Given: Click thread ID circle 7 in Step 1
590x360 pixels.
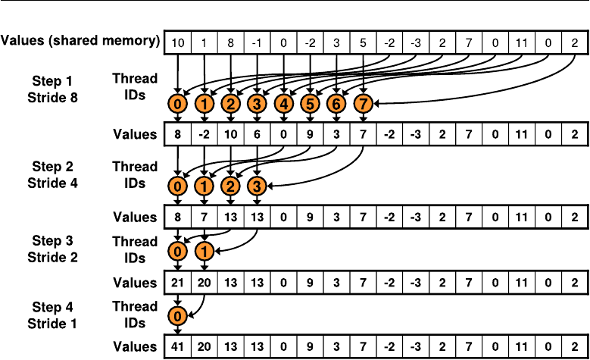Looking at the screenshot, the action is pos(363,104).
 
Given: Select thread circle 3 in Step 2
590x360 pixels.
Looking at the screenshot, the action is pos(257,186).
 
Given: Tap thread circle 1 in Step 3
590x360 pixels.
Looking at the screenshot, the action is pos(204,251).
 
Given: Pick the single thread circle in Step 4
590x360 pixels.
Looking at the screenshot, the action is pos(177,316).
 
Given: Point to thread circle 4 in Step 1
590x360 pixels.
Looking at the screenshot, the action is pos(284,104).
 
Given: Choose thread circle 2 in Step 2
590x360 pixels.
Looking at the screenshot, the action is pos(231,186).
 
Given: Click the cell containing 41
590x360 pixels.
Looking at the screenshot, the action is pos(177,346).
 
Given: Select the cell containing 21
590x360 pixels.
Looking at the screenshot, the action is pos(177,283).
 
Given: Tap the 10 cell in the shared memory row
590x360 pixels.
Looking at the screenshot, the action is pos(177,43).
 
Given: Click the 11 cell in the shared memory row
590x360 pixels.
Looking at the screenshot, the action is pos(522,43).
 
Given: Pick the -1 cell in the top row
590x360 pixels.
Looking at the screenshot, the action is pos(257,43).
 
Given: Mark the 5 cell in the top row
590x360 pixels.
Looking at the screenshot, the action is pos(363,43).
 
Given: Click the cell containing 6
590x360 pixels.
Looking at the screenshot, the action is pos(257,134).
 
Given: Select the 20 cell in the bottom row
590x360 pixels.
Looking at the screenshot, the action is pos(204,346).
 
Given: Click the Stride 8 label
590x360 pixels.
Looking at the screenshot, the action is pos(53,98).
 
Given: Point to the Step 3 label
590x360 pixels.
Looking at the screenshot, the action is pos(53,241).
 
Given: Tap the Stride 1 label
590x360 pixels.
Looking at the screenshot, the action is pos(52,324).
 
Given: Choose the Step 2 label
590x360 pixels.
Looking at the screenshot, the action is pos(53,167).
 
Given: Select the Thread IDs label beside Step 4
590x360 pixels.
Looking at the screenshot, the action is pos(135,315).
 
